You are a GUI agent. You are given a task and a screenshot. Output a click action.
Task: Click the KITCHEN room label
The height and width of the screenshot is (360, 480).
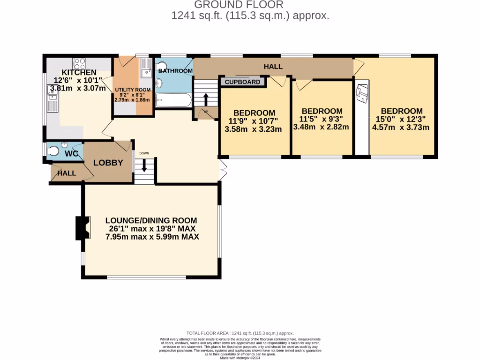(x=79, y=72)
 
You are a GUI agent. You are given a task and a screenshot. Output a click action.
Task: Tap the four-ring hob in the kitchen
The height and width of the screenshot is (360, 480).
(x=79, y=62)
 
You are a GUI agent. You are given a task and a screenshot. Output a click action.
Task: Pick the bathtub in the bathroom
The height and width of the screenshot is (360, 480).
(x=173, y=100)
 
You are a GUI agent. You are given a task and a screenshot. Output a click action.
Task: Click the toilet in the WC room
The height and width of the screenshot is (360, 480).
(x=53, y=151)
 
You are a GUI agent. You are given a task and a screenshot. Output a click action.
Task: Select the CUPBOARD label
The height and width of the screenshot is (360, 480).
(x=242, y=82)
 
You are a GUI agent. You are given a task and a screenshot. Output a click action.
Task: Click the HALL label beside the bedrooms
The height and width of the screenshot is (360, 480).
(x=273, y=67)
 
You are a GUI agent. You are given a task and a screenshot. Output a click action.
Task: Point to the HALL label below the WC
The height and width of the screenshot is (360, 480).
(x=67, y=173)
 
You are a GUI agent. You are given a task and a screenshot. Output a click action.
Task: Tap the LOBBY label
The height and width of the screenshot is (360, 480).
(x=108, y=163)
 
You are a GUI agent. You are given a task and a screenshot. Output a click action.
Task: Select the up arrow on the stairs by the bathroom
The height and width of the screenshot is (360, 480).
(x=205, y=99)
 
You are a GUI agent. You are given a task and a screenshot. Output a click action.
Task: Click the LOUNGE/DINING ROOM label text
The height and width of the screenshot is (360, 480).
(x=151, y=220)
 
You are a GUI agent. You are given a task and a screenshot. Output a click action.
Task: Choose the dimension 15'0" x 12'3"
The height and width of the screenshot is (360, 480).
(x=398, y=119)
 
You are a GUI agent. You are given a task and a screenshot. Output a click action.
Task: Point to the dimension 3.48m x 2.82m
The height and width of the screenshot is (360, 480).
(x=321, y=127)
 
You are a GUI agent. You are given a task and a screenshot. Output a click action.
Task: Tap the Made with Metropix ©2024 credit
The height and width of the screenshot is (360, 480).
(x=240, y=358)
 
